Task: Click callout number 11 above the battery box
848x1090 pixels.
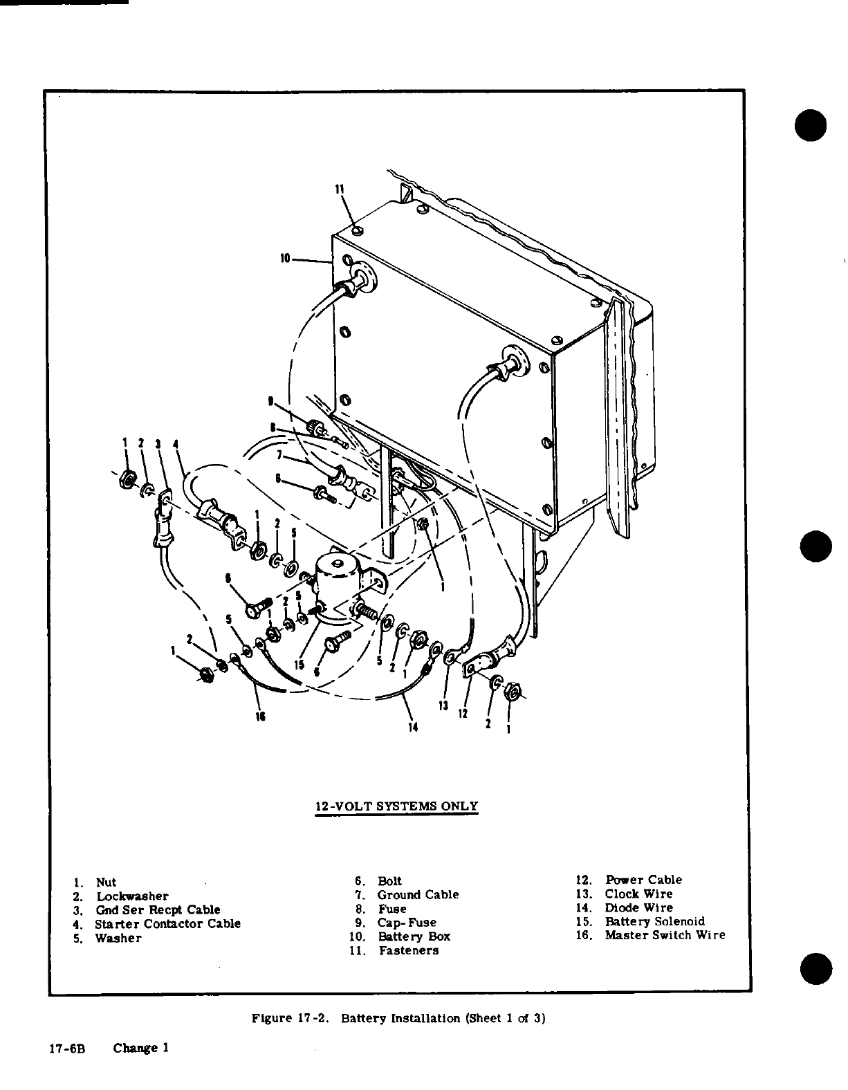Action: coord(340,190)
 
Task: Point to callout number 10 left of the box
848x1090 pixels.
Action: coord(285,259)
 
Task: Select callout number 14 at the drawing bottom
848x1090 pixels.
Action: coord(414,726)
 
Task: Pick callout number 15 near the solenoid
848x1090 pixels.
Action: coord(299,665)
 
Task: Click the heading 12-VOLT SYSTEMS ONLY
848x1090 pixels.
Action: coord(396,806)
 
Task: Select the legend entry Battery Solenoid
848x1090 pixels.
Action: coord(654,921)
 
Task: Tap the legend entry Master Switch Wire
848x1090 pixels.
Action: coord(665,935)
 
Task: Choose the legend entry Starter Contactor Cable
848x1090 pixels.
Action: coord(168,923)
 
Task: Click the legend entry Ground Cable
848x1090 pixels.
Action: coord(418,894)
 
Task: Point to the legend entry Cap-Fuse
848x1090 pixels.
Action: coord(407,922)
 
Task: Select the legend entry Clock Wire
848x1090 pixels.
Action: coord(638,894)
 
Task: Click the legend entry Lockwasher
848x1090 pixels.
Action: coord(132,896)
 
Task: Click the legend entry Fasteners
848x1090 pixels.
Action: coord(408,950)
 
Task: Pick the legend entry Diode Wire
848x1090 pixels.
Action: coord(638,907)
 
